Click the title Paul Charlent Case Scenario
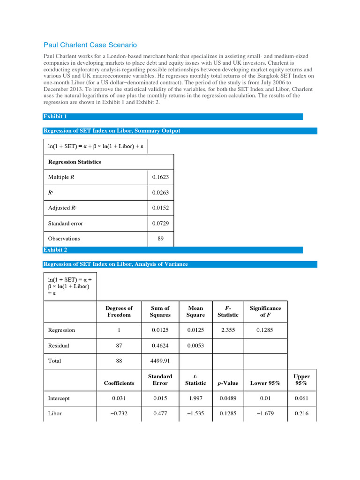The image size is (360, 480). tap(90, 45)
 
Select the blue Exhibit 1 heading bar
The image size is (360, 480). tap(172, 116)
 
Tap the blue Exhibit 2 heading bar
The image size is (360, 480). tap(172, 250)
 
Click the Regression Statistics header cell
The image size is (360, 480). tap(75, 162)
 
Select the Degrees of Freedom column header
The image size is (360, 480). tap(119, 311)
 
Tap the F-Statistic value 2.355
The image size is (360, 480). tap(227, 330)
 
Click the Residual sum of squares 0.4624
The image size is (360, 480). tap(160, 345)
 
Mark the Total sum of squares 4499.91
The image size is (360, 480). tap(160, 361)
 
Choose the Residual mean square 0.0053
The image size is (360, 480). tap(195, 345)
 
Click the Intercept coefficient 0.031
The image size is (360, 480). tap(119, 398)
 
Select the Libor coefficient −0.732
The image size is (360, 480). tap(119, 414)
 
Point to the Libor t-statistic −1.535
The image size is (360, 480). tap(195, 414)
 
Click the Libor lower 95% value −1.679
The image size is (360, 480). tap(265, 414)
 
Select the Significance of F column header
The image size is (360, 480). tap(265, 311)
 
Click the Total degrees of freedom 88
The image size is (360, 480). tap(119, 361)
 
